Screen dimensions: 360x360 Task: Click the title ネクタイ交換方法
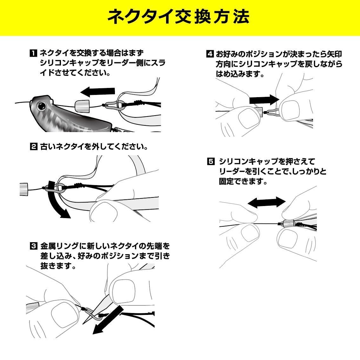click(x=178, y=17)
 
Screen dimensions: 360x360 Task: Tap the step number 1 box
click(x=33, y=53)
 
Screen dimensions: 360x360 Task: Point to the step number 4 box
click(x=210, y=54)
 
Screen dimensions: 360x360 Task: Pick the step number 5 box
click(x=211, y=161)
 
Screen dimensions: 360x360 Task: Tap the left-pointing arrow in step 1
click(x=97, y=91)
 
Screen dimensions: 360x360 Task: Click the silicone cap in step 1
click(x=82, y=105)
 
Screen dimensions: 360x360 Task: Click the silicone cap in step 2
click(x=23, y=189)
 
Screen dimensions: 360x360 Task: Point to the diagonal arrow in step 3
click(x=108, y=320)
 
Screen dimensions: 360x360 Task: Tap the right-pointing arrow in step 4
click(x=264, y=100)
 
